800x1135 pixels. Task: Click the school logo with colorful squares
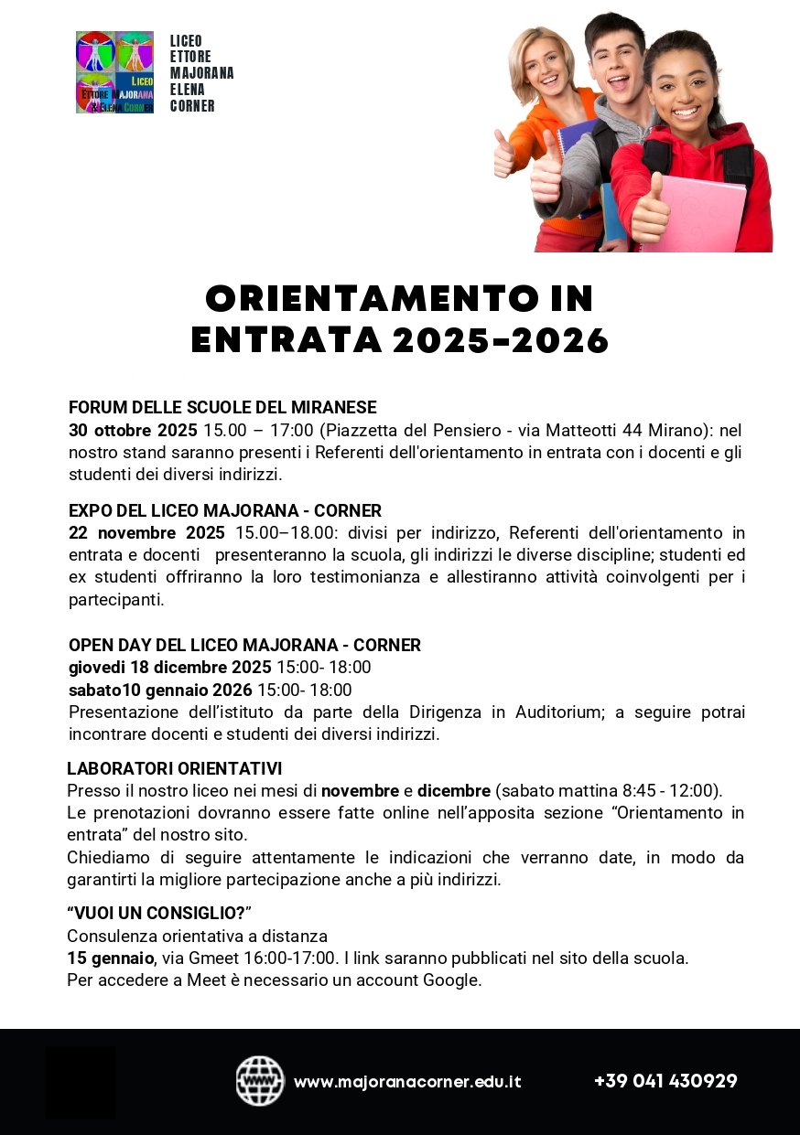[x=114, y=72]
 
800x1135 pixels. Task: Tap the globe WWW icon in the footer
[x=260, y=1081]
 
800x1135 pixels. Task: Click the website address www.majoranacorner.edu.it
[x=407, y=1082]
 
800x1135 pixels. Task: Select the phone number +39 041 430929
[x=665, y=1081]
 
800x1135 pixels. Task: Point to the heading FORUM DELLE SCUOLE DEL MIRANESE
[x=222, y=408]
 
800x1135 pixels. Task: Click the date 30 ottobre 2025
[x=133, y=430]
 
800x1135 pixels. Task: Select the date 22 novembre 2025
[x=146, y=533]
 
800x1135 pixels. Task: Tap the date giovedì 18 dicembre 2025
[x=170, y=668]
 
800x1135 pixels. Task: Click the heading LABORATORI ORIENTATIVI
[x=174, y=768]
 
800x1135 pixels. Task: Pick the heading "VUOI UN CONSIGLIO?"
[x=158, y=913]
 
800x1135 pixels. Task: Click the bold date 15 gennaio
[x=111, y=958]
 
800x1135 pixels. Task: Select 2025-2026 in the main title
[x=501, y=341]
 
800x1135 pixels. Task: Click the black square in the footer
[x=81, y=1082]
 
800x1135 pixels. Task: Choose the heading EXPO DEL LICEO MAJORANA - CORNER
[x=225, y=510]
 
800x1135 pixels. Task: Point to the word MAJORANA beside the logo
[x=202, y=73]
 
